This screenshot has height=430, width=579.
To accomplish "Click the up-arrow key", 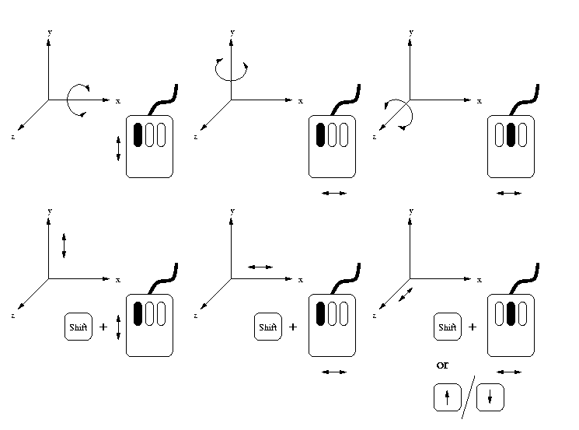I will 447,398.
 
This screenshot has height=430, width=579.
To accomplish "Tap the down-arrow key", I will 490,398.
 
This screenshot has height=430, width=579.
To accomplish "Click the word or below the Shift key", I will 447,365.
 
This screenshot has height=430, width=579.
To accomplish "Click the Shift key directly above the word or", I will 447,327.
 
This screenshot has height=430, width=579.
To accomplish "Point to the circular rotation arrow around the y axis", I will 231,70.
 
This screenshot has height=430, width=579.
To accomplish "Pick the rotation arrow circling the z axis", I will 399,114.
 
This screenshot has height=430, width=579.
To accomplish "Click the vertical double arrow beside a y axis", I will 64,246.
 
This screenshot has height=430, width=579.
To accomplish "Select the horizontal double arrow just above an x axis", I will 260,267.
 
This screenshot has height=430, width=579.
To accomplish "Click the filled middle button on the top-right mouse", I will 511,135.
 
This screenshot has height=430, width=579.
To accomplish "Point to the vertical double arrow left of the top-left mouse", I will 118,148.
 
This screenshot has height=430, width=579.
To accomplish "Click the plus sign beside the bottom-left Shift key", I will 103,327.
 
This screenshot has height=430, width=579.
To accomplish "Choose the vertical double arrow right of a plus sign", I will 118,327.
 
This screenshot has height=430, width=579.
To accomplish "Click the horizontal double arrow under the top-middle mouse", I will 333,193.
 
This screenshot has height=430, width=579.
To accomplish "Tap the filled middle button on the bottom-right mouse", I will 511,313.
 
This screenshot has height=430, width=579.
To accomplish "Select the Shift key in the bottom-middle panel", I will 267,327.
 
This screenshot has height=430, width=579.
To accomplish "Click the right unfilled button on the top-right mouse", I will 524,135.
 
